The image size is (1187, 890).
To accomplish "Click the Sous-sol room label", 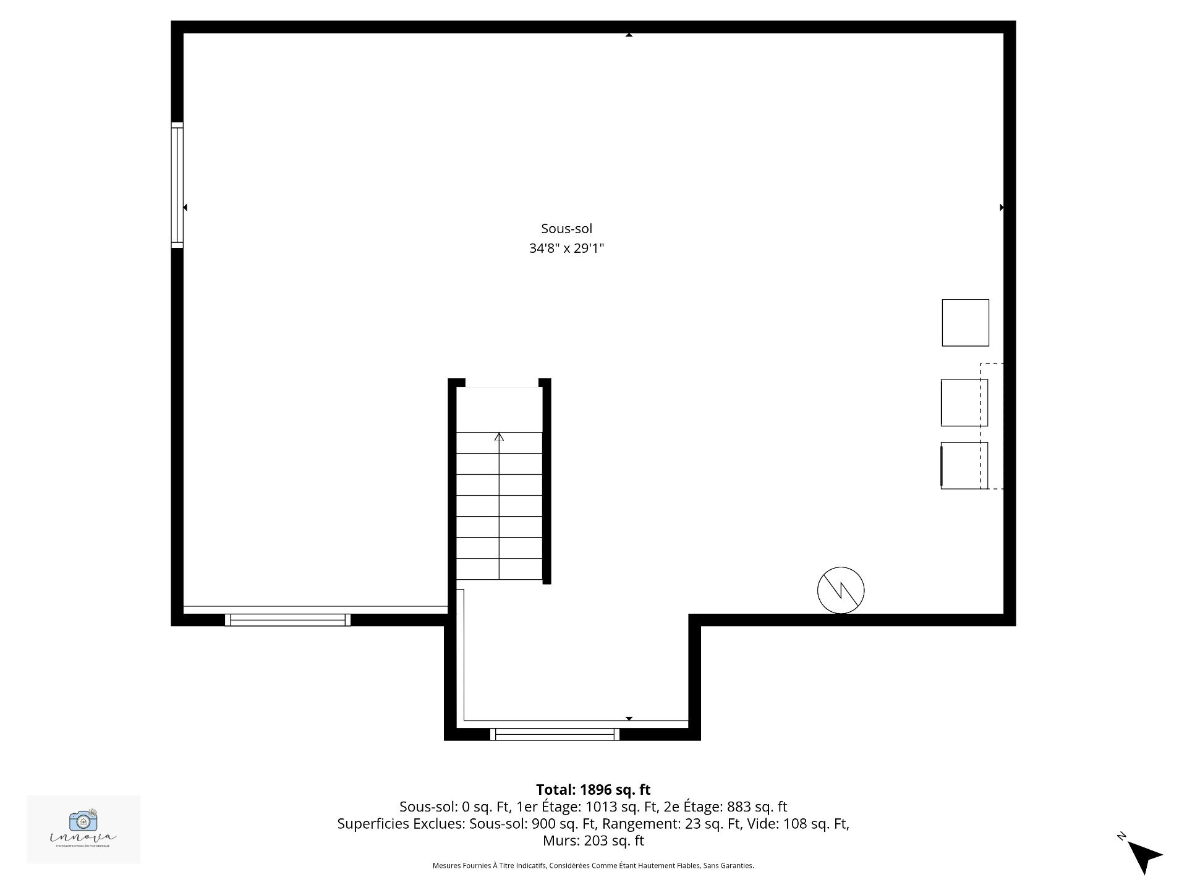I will [566, 229].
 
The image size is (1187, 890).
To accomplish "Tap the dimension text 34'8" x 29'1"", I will [566, 248].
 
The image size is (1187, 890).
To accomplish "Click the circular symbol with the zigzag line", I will [841, 590].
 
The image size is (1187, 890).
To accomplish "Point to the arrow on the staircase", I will [499, 438].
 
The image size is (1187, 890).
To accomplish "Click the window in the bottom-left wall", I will [287, 620].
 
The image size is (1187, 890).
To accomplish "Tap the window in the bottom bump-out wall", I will [555, 734].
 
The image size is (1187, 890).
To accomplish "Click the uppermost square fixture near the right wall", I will [965, 323].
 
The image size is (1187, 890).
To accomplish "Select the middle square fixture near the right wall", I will [963, 402].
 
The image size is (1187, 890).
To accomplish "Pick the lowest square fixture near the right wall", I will [963, 465].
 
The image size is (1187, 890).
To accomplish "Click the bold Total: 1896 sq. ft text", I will [593, 790].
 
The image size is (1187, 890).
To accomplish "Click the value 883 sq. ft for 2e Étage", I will [757, 807].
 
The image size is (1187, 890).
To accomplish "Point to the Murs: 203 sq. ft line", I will [593, 841].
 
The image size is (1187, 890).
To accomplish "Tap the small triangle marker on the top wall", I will [629, 35].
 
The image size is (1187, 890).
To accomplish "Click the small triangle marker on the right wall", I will [1002, 208].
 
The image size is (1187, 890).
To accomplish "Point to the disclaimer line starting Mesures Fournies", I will [593, 866].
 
